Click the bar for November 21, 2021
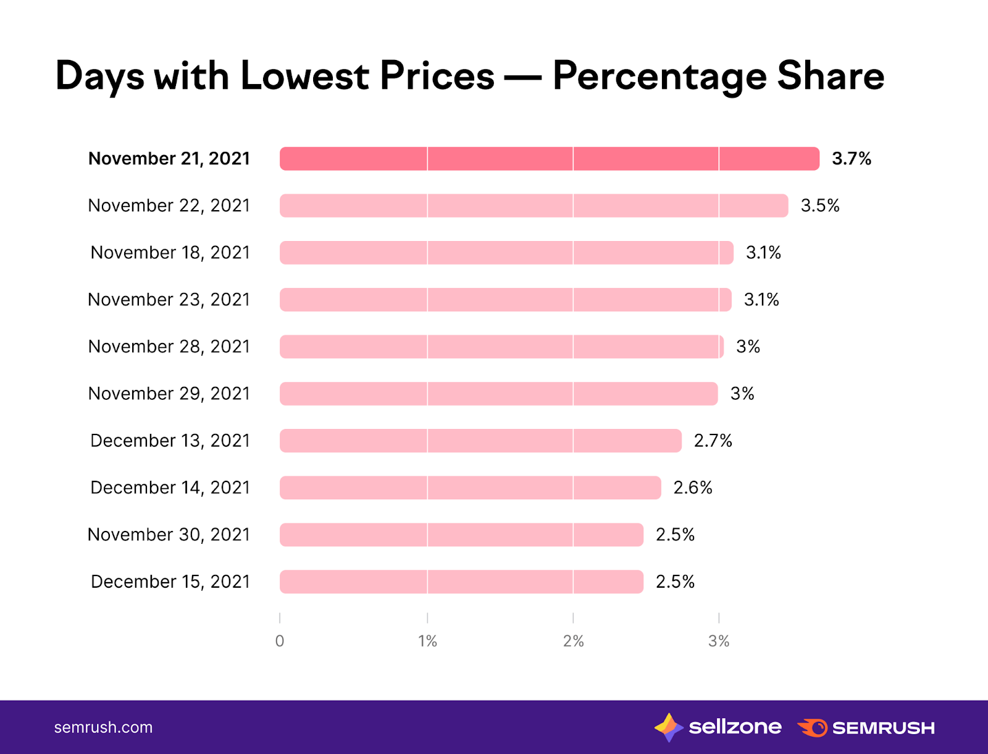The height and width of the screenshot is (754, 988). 550,159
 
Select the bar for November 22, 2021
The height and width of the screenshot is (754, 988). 534,206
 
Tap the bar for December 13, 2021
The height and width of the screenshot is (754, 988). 480,441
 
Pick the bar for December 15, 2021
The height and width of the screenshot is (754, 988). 461,582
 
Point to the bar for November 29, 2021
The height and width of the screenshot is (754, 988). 498,394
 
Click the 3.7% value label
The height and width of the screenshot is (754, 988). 852,159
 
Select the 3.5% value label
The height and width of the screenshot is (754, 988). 820,206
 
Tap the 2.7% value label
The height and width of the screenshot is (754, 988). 713,441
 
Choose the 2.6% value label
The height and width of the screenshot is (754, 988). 693,488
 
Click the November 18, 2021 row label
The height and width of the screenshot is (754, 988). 170,253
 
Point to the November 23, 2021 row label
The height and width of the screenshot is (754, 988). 169,300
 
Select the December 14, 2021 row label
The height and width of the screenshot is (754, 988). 170,488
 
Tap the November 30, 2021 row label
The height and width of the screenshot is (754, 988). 169,535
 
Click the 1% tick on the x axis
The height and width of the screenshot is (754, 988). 427,641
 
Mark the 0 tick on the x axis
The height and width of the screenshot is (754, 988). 280,641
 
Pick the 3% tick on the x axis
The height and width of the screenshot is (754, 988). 719,641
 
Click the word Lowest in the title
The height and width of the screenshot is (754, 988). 305,76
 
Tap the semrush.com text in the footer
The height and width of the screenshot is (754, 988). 103,727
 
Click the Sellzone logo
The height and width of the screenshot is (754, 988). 718,727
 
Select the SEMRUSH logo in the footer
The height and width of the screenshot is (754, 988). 866,727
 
